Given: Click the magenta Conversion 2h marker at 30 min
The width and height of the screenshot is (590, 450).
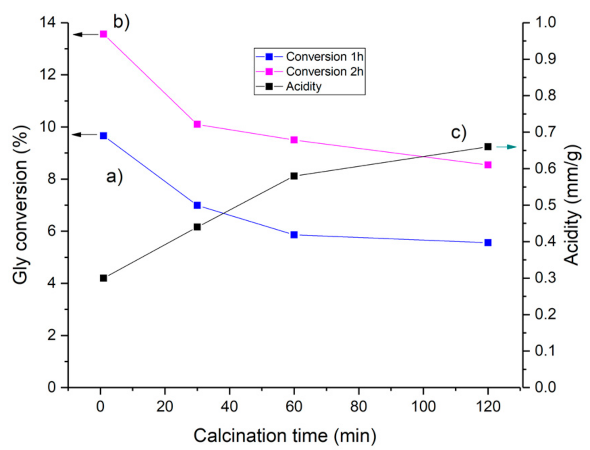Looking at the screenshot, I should click(x=197, y=124).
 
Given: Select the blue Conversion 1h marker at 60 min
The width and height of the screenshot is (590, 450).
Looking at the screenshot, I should click(x=294, y=235).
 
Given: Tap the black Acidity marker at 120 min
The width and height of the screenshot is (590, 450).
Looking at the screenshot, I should click(x=488, y=147).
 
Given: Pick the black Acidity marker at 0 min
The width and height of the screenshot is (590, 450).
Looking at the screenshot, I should click(x=104, y=278).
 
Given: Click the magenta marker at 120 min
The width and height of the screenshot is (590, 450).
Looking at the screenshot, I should click(x=488, y=165).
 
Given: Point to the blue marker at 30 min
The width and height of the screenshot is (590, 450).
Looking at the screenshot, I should click(x=197, y=205).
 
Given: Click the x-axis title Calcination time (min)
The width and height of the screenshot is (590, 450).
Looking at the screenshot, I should click(x=284, y=436).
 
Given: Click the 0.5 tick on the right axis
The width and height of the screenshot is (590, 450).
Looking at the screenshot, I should click(x=545, y=205).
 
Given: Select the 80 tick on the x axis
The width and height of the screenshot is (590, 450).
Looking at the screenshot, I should click(x=358, y=407).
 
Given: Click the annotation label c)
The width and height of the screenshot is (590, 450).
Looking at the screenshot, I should click(x=459, y=133).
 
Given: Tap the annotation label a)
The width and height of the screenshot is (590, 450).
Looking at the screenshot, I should click(x=114, y=177).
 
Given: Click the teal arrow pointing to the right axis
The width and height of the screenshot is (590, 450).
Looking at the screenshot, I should click(x=507, y=147).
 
